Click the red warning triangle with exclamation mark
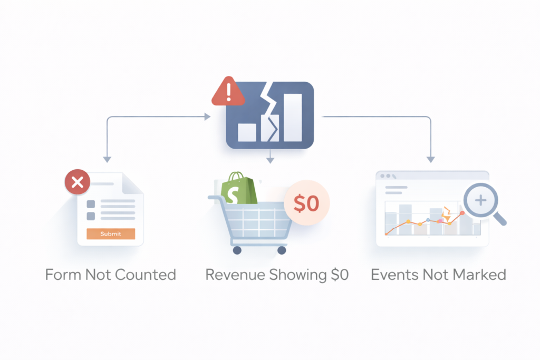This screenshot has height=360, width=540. (x=228, y=93)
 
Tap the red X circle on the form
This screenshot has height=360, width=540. (x=77, y=183)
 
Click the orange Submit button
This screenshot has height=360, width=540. (x=111, y=233)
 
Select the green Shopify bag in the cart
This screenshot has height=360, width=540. (x=238, y=189)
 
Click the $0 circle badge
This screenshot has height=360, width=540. (x=306, y=203)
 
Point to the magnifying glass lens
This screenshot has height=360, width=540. (x=480, y=200)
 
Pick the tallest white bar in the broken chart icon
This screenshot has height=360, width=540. (x=293, y=118)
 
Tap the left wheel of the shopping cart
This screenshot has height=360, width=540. (x=237, y=250)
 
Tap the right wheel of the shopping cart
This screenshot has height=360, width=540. (x=282, y=250)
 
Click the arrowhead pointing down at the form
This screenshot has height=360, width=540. (x=107, y=159)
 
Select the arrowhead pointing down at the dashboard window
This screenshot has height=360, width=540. (x=430, y=159)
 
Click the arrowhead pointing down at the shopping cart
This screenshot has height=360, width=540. (x=270, y=159)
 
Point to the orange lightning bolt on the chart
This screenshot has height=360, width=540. (x=446, y=213)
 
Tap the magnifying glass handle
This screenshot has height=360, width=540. (x=500, y=219)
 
